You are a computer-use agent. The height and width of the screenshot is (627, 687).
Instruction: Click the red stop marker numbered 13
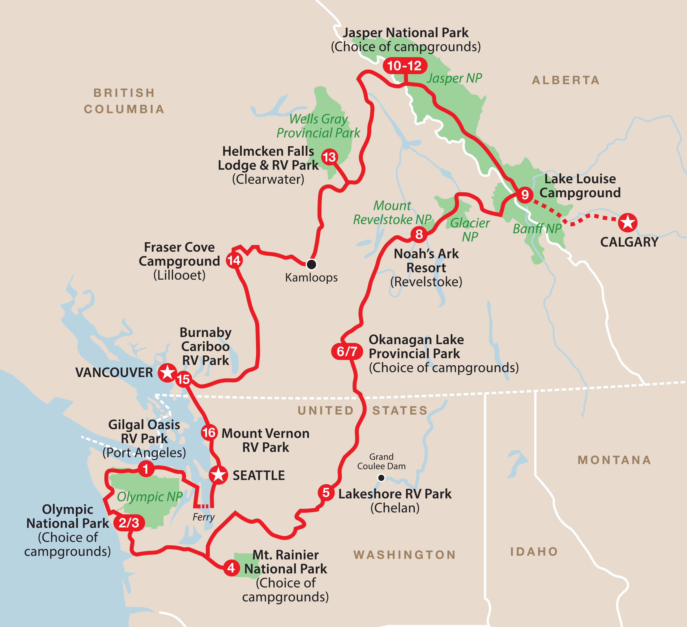[x=329, y=157]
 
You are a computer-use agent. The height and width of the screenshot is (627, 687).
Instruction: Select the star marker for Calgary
[x=628, y=223]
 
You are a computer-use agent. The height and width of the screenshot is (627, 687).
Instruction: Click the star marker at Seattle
[x=218, y=475]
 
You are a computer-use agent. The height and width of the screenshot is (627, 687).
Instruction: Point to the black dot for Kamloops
[x=311, y=264]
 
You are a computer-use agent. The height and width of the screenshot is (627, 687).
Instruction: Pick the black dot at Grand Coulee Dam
[x=381, y=478]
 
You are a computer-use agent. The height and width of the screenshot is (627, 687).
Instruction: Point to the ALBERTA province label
[x=566, y=80]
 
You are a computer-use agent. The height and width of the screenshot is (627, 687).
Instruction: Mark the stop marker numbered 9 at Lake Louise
[x=525, y=195]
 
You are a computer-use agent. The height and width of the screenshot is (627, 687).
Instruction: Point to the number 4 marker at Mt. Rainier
[x=231, y=568]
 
